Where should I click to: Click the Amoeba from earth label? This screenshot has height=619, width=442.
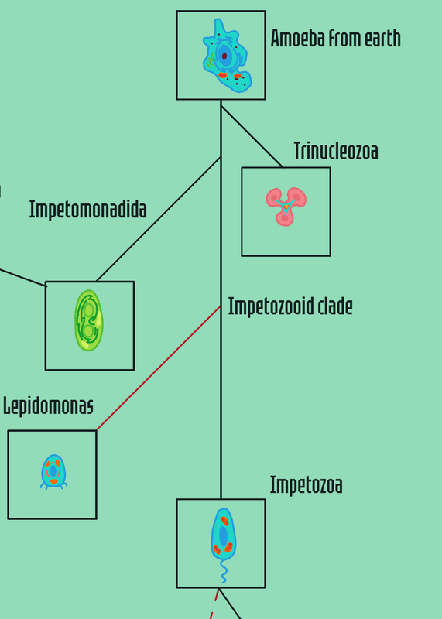pos(335,38)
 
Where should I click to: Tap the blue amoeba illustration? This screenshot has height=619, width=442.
pos(227,56)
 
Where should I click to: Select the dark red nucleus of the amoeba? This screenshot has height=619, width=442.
pos(224,56)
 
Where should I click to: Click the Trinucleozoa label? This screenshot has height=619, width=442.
pos(336,151)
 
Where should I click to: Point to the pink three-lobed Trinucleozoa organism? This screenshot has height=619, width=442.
pos(286,206)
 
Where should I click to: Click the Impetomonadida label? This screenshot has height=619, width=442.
pos(87,210)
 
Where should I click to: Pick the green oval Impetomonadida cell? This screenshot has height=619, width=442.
pos(89,320)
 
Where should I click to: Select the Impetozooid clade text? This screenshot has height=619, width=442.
pos(290,306)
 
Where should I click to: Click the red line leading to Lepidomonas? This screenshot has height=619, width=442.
pos(159,368)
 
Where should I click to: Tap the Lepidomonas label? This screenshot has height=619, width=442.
pos(48,405)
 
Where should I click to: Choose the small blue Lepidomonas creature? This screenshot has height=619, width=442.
pos(53,472)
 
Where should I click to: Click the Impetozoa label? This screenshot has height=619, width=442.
pos(306,485)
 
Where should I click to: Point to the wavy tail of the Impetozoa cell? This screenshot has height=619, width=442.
pos(223,571)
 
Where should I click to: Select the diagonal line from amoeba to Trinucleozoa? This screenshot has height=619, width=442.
pos(252,137)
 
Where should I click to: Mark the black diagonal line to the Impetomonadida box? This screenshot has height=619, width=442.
pos(159,219)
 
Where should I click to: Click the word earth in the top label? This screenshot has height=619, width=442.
pos(382,39)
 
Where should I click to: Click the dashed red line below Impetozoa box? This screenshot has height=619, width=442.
pos(214,604)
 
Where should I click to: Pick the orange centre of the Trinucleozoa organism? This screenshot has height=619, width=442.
pos(286,206)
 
